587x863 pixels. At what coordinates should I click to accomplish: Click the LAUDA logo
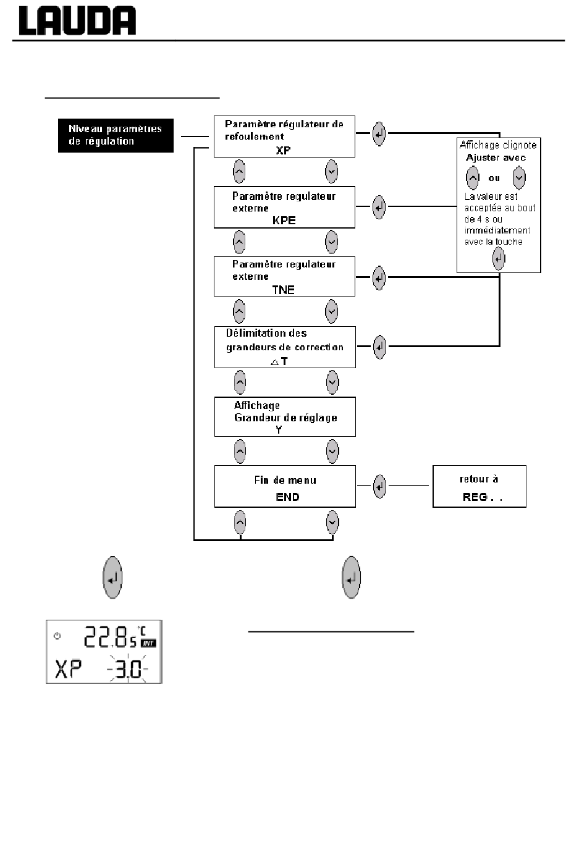pos(77,21)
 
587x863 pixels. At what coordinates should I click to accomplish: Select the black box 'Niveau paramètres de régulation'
pos(116,135)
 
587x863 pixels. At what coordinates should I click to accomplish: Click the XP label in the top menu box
pos(283,150)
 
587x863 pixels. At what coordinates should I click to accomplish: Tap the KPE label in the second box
pos(284,221)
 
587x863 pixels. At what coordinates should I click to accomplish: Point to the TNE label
pos(283,290)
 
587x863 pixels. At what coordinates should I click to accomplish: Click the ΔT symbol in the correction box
pos(279,361)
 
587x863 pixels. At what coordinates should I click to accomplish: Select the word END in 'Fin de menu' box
pos(287,497)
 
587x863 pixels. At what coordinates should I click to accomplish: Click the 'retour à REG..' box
pos(479,486)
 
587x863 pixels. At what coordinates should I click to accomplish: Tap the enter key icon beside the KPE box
pos(379,207)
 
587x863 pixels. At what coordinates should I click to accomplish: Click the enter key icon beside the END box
pos(379,486)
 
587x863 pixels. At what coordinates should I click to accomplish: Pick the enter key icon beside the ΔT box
pos(379,347)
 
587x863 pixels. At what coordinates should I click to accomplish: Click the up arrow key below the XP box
pos(239,172)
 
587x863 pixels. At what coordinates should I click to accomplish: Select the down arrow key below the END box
pos(332,523)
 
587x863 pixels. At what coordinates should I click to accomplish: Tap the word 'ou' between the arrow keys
pos(494,178)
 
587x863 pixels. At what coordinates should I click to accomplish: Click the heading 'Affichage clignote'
pos(499,145)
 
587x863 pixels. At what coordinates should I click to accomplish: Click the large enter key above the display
pos(112,577)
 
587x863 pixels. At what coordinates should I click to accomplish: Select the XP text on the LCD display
pos(68,669)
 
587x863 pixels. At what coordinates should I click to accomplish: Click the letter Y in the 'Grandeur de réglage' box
pos(279,429)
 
